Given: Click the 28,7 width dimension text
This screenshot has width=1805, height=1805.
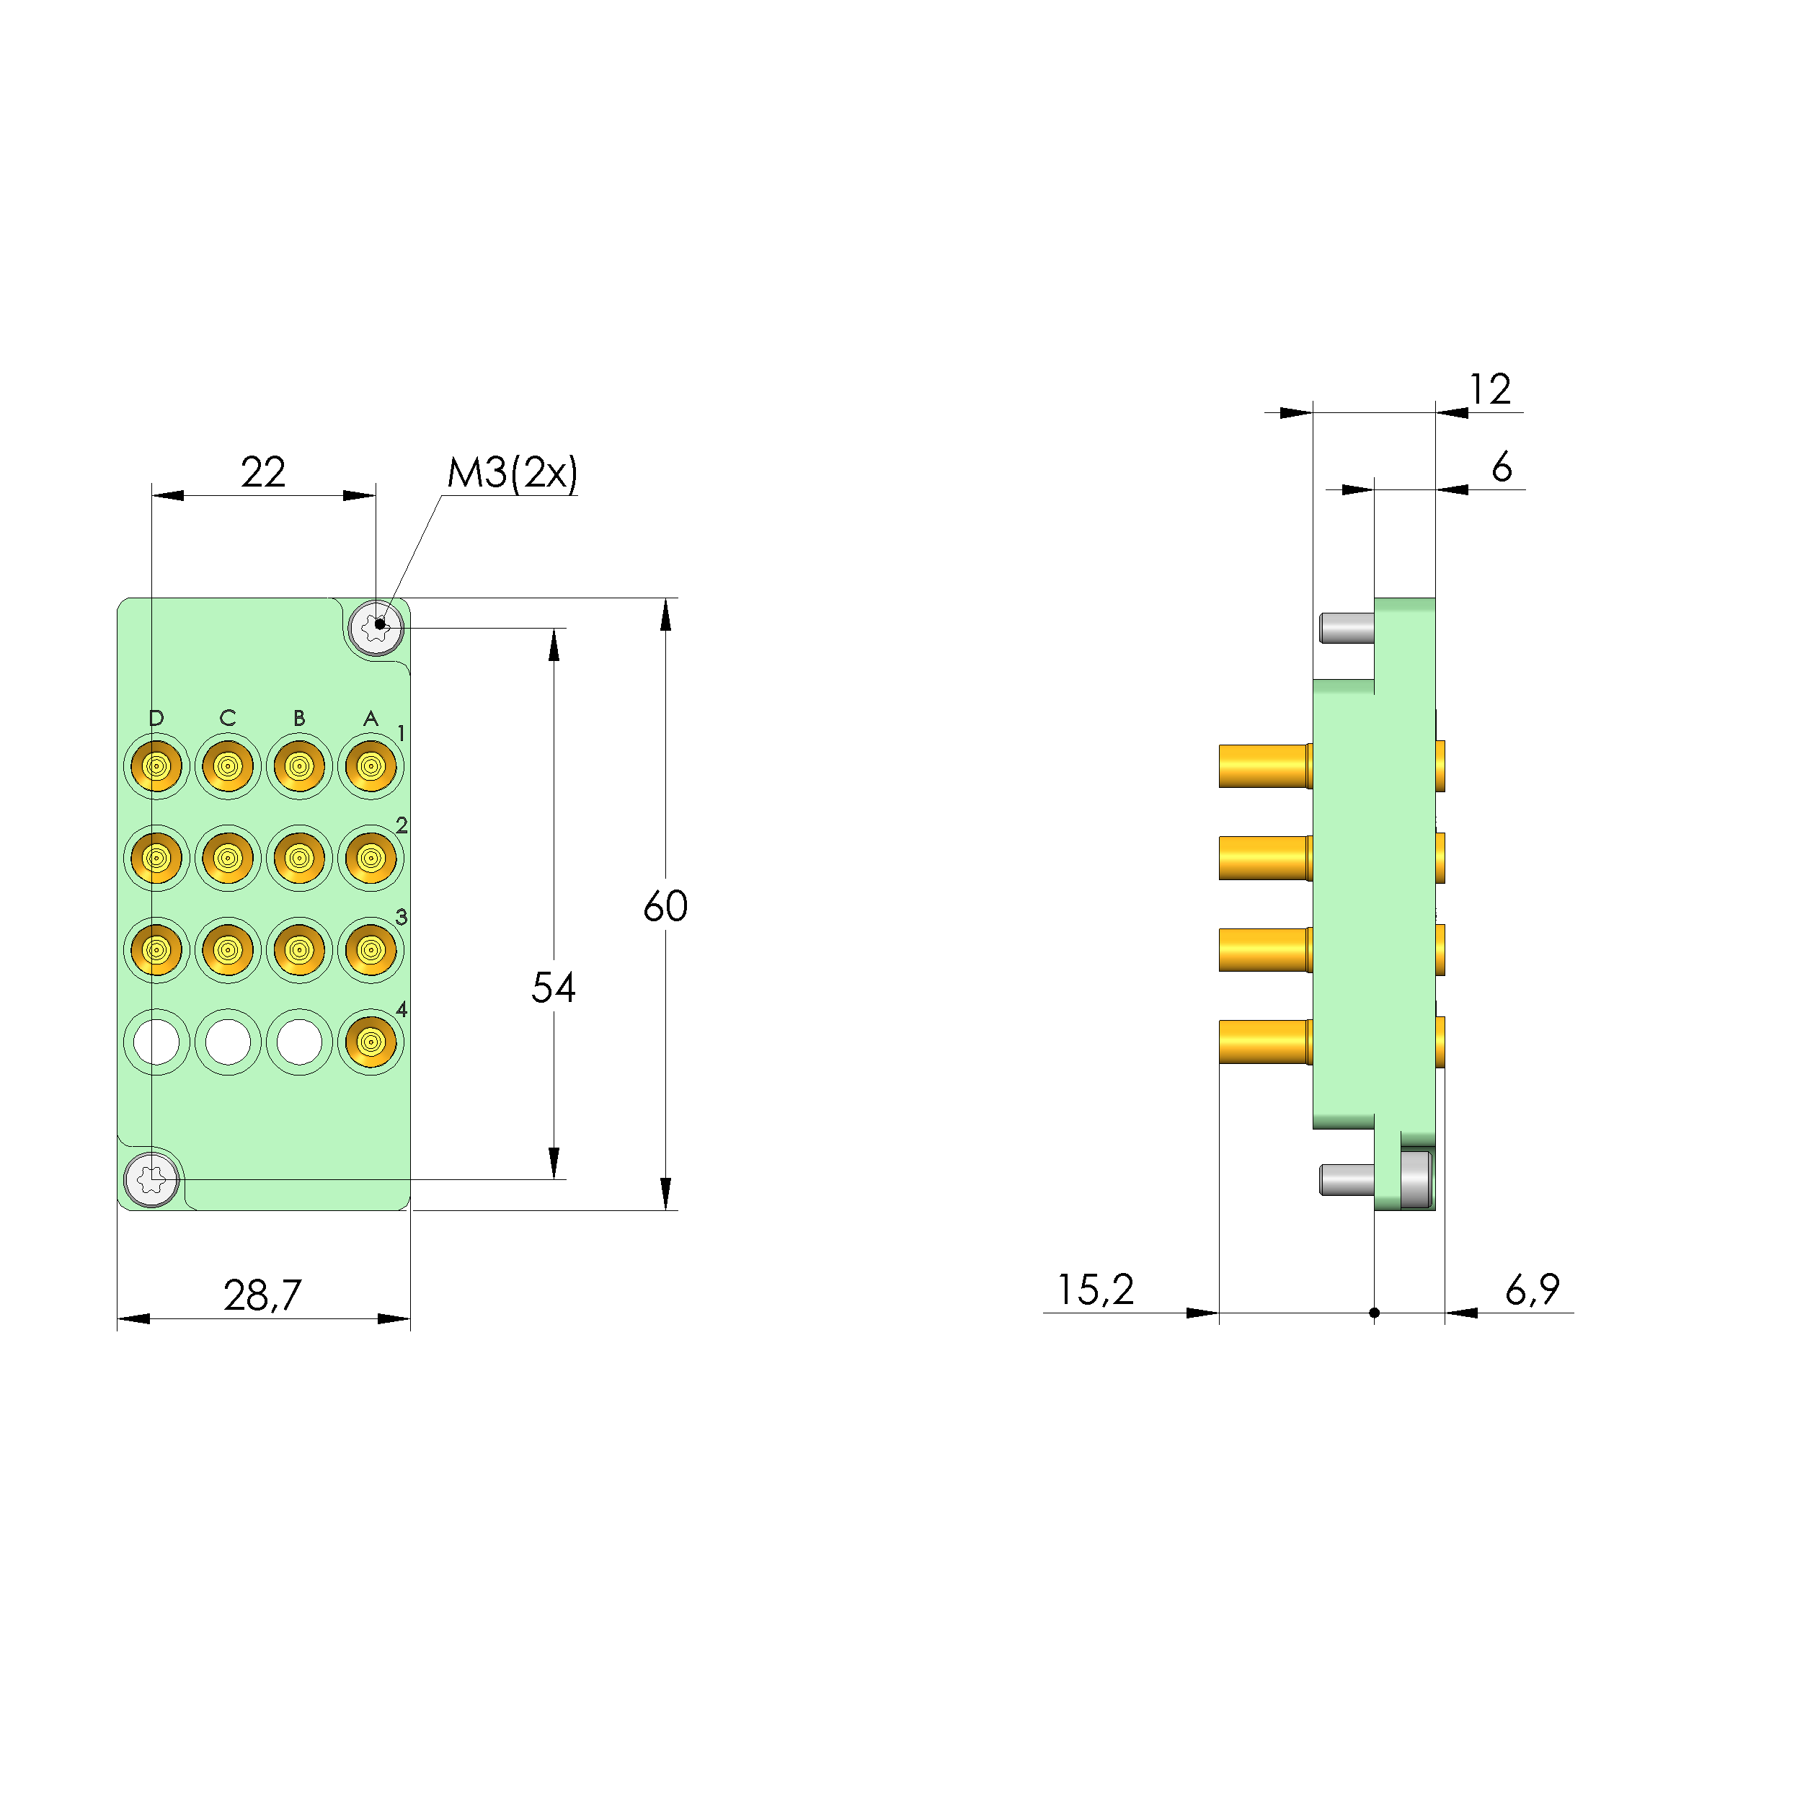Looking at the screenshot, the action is pyautogui.click(x=262, y=1295).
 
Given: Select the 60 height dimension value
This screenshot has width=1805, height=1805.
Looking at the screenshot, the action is pyautogui.click(x=665, y=906).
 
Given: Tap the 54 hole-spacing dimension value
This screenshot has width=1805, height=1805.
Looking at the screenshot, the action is pyautogui.click(x=553, y=988).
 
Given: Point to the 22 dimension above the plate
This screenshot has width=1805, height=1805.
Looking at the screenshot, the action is pyautogui.click(x=262, y=472).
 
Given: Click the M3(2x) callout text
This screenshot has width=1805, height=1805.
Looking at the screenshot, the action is pyautogui.click(x=512, y=473).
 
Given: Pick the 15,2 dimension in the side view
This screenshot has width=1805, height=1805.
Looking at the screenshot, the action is pyautogui.click(x=1095, y=1290).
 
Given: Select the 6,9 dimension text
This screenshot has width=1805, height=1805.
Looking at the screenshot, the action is pyautogui.click(x=1533, y=1290).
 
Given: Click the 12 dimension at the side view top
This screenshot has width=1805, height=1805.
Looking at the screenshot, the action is pyautogui.click(x=1489, y=389).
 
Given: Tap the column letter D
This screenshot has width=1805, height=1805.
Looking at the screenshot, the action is pyautogui.click(x=156, y=717).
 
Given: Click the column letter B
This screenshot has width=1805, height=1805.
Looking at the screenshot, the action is pyautogui.click(x=299, y=717).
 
